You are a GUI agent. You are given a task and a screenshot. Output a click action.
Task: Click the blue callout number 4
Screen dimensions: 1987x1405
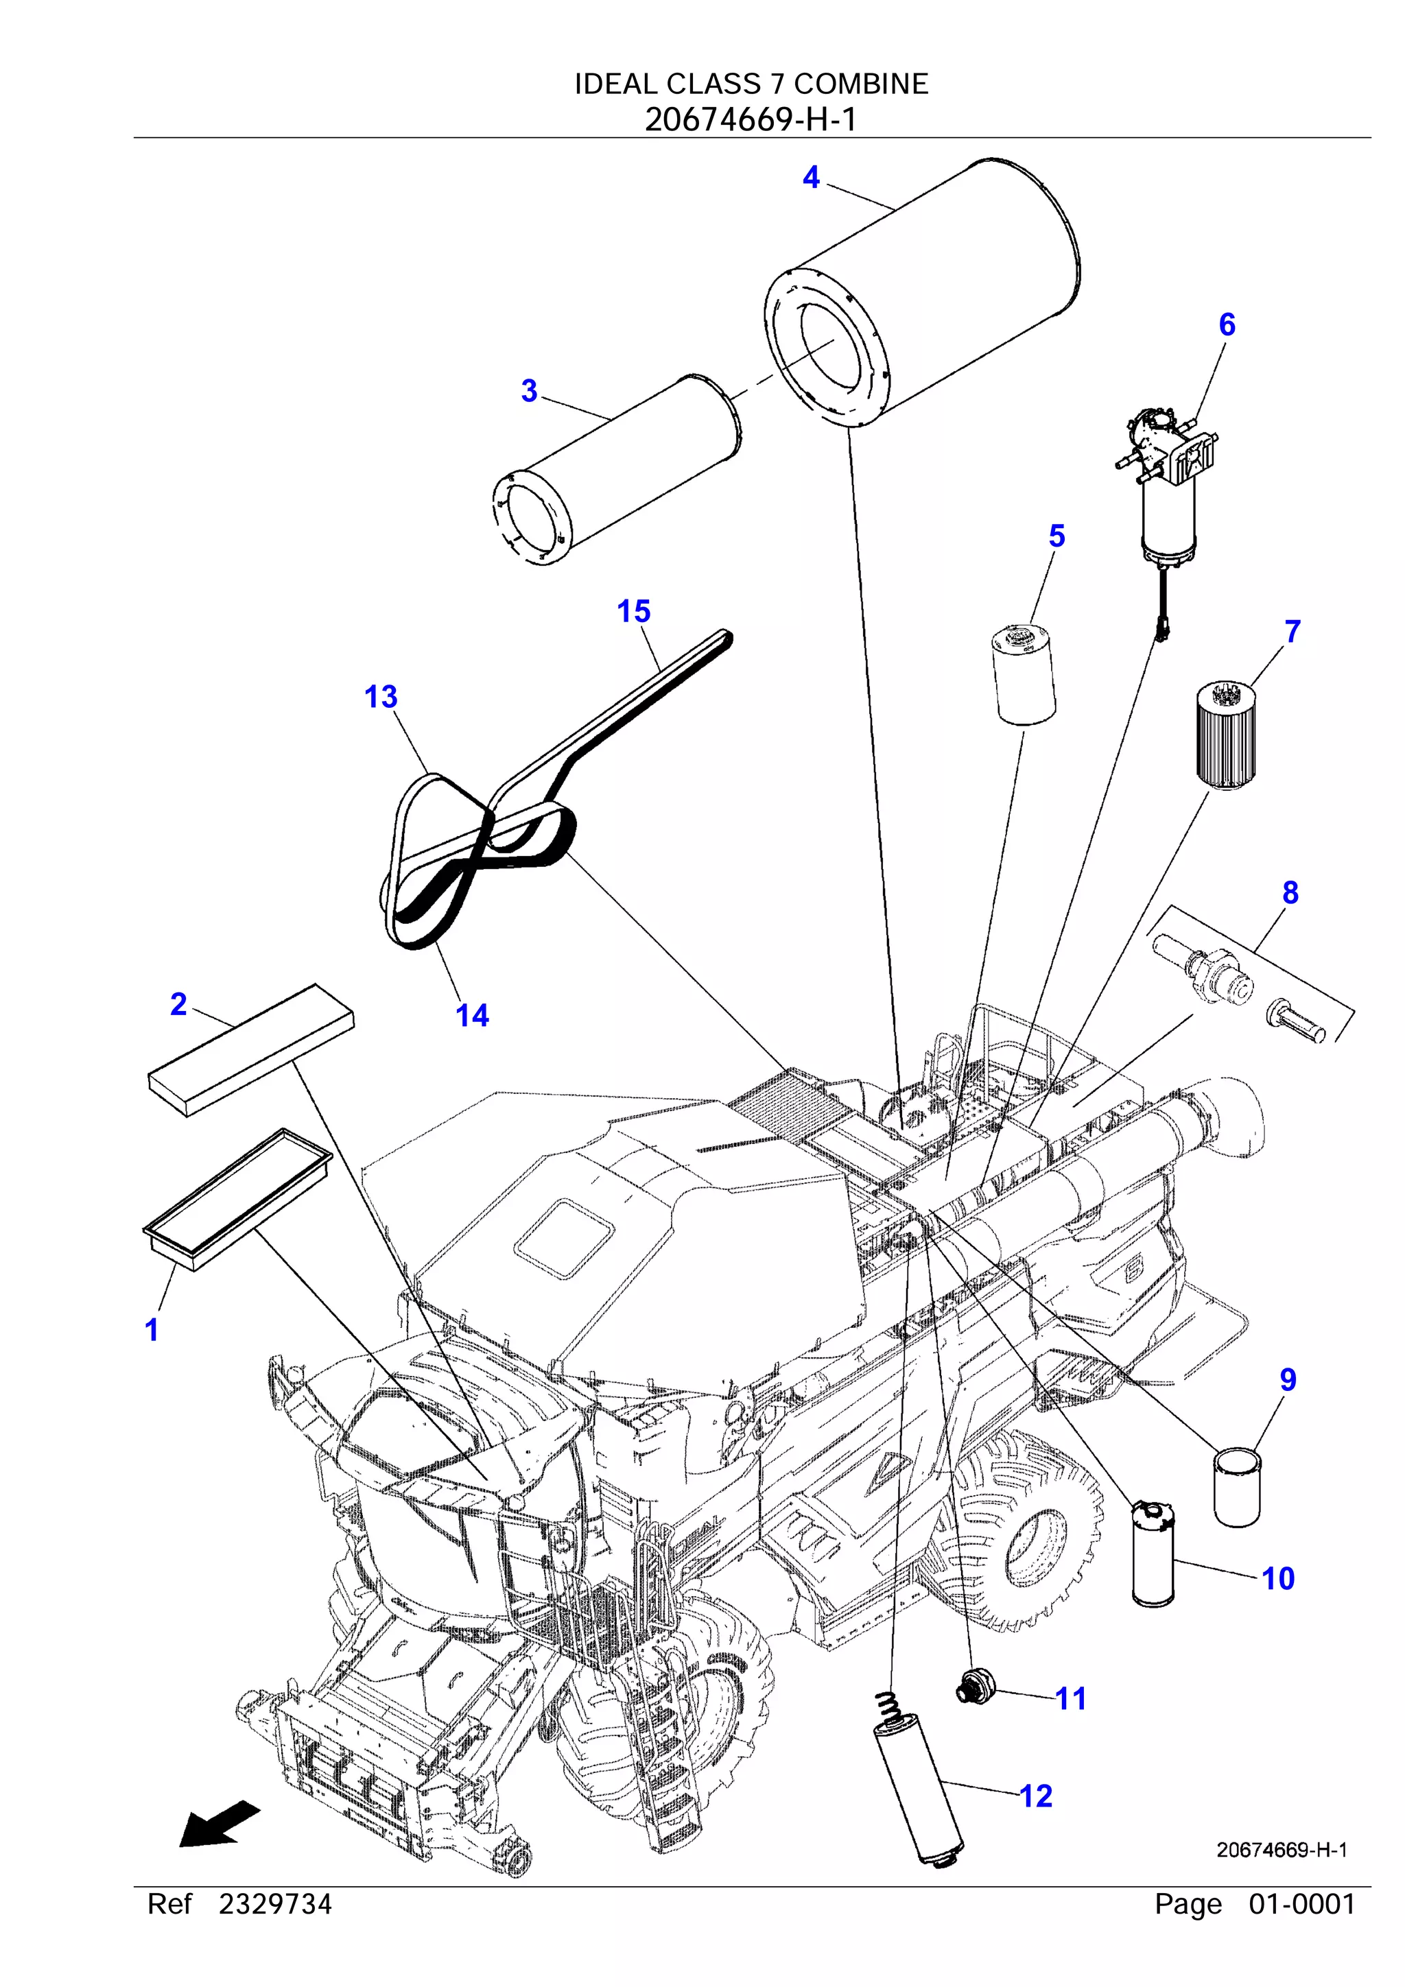[x=810, y=178]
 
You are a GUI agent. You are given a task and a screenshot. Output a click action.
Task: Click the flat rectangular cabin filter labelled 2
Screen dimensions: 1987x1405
[x=251, y=1050]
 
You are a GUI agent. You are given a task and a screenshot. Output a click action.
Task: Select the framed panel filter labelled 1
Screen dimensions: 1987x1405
[x=237, y=1199]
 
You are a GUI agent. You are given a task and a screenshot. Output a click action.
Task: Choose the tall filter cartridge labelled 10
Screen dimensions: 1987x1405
[x=1153, y=1554]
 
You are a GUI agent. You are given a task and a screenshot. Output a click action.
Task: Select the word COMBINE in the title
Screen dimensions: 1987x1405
[x=860, y=84]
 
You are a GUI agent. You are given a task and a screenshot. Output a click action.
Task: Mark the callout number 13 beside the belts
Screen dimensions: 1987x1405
[x=380, y=697]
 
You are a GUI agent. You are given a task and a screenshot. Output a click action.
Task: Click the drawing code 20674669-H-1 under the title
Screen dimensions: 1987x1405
[x=751, y=119]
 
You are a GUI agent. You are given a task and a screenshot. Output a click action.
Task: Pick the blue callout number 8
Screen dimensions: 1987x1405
[x=1290, y=892]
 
